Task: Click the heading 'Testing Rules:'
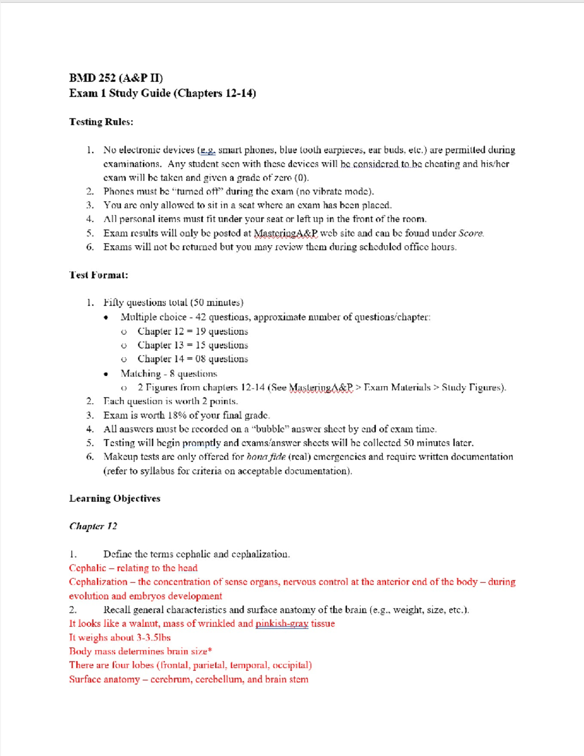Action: [101, 122]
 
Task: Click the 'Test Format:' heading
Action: [98, 275]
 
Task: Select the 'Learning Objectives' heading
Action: [114, 498]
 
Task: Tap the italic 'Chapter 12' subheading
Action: [93, 526]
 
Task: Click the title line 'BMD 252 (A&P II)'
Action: [116, 78]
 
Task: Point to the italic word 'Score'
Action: [471, 233]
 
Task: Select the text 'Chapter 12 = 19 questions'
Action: [192, 332]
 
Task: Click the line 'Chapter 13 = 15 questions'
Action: [192, 345]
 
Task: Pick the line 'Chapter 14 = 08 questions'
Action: [192, 359]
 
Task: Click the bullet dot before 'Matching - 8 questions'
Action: [106, 374]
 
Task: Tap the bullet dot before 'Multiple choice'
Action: [106, 317]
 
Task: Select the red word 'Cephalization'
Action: [98, 582]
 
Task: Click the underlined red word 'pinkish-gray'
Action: [282, 624]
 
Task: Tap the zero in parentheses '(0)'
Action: [301, 178]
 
